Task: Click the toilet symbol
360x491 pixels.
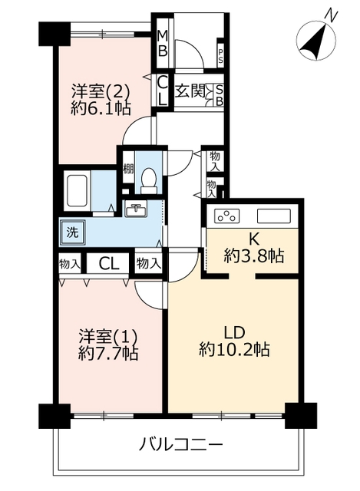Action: tap(148, 181)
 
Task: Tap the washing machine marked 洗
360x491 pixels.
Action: tap(73, 232)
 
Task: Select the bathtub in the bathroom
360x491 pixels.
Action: tap(77, 190)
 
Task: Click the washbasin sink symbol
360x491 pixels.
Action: tap(136, 209)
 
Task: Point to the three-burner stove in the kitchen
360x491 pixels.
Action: tap(226, 216)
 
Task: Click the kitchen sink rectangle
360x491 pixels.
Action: tap(273, 216)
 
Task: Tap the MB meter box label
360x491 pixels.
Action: tap(162, 43)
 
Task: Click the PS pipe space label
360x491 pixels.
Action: tap(220, 56)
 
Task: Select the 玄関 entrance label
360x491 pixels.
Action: tap(190, 91)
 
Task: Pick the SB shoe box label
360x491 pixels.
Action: tap(220, 95)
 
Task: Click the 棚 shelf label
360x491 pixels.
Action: tap(128, 169)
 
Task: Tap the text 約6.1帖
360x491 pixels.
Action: tap(100, 108)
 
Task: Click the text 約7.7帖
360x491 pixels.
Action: tap(107, 353)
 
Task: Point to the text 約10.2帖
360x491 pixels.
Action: tap(234, 349)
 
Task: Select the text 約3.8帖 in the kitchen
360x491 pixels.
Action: tap(254, 256)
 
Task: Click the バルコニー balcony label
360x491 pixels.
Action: tap(181, 444)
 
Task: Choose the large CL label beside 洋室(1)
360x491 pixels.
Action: tap(109, 264)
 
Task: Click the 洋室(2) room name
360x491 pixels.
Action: tap(101, 91)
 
